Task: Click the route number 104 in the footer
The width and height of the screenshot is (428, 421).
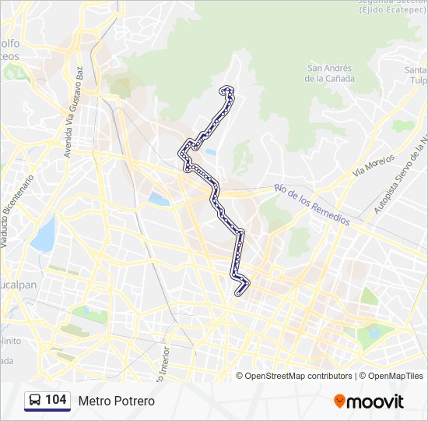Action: coord(55,400)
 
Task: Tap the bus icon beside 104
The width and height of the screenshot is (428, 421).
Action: coord(35,401)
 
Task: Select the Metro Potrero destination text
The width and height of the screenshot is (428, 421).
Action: coord(117,401)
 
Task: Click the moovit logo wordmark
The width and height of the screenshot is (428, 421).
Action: coord(376,402)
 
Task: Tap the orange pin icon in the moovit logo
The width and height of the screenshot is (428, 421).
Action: coord(339,402)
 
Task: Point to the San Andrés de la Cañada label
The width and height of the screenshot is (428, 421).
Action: coord(330,73)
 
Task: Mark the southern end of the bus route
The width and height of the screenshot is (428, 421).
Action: coord(239,293)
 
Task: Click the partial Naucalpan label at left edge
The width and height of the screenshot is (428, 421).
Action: coord(17,285)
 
